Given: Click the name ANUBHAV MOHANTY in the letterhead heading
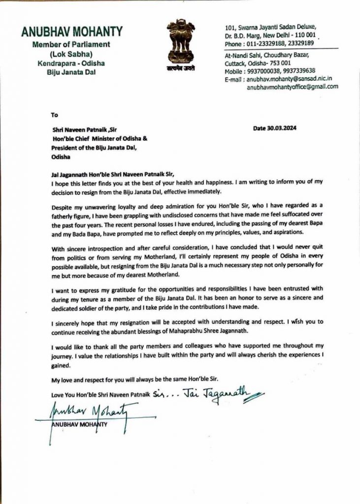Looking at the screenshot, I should pos(71,32).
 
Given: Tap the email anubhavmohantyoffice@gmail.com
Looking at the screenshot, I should pos(293,86).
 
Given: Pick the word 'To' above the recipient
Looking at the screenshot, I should pos(54,115).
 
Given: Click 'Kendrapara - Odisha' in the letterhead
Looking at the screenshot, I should pos(71,63).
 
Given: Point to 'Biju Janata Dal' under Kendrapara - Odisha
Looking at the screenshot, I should pos(71,72).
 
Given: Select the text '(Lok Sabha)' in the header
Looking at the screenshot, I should pos(71,54).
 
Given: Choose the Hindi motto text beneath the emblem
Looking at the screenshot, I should pos(181,69).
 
